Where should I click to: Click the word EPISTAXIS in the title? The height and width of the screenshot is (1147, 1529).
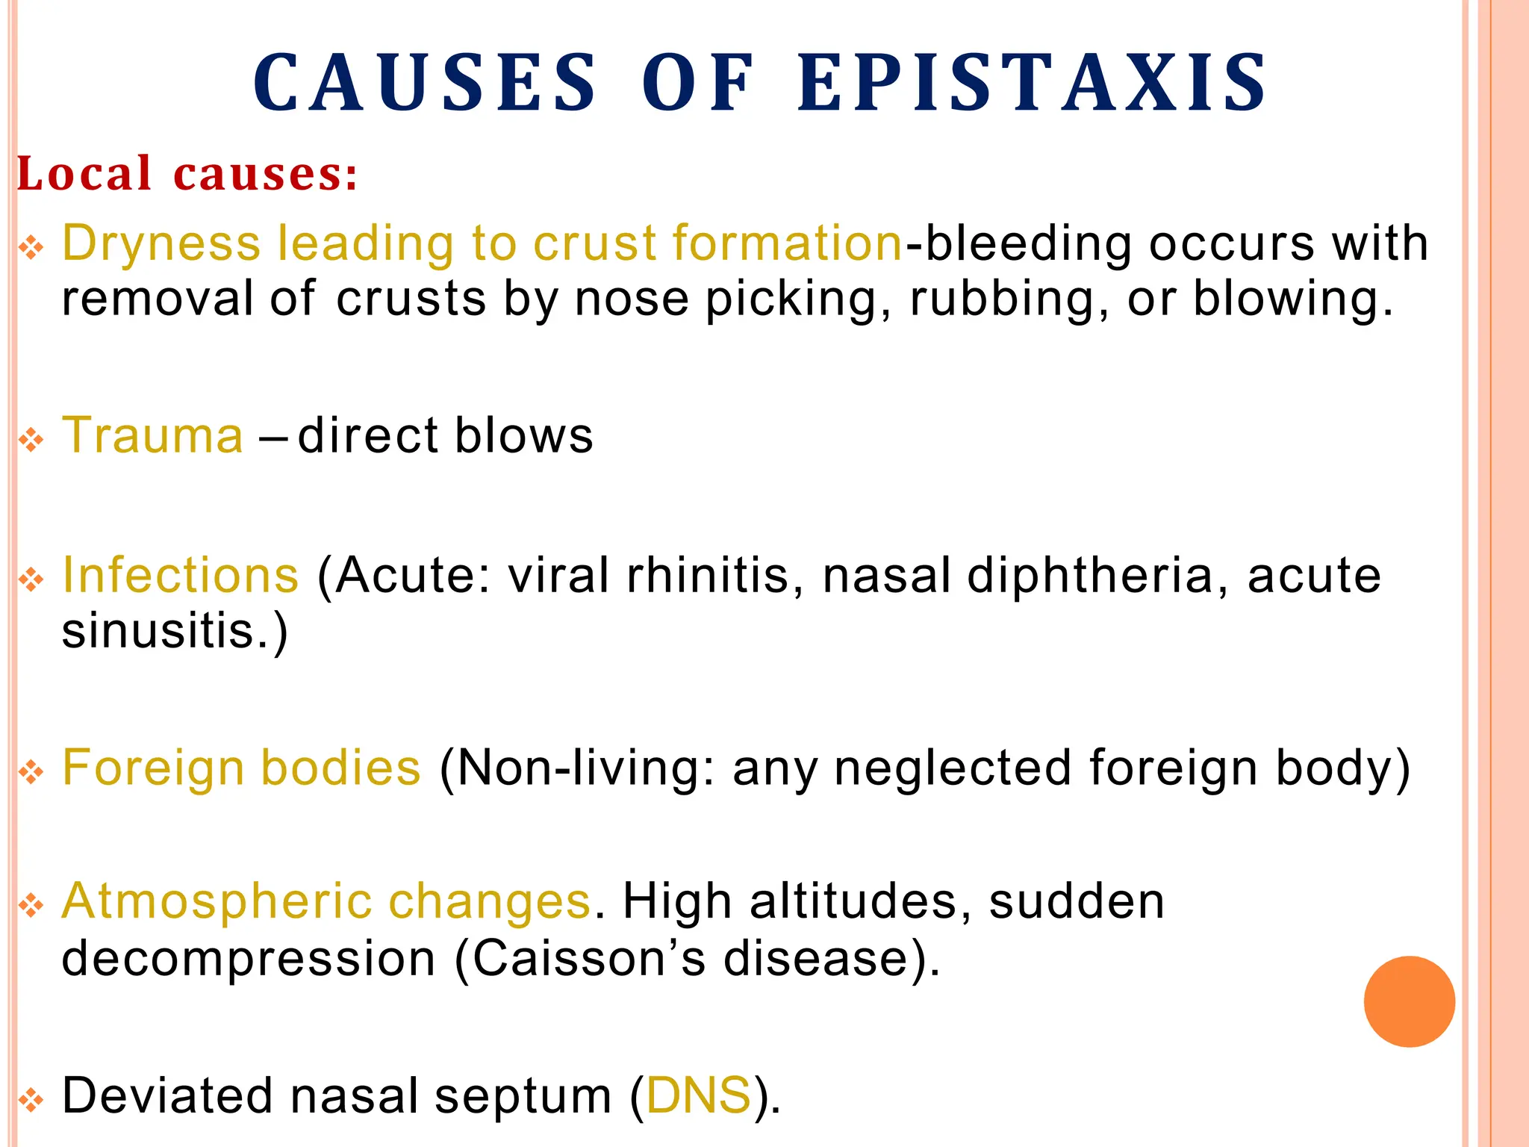[1033, 84]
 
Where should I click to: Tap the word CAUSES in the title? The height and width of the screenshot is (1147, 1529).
[426, 84]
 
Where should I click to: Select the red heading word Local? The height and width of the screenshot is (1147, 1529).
[84, 174]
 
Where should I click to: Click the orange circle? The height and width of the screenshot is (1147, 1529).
[1409, 1001]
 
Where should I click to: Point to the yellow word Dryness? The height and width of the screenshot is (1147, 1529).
[161, 244]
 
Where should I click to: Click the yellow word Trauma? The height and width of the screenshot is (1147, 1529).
[153, 435]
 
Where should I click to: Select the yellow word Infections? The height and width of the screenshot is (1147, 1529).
[181, 575]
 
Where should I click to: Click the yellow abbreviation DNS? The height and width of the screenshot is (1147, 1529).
[698, 1095]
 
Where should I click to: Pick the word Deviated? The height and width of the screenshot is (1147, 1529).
[167, 1095]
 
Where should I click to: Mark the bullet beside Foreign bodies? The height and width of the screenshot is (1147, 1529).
[31, 771]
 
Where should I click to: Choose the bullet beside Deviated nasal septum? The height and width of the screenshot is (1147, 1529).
[31, 1099]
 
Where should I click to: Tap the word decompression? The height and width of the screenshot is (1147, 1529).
[249, 958]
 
